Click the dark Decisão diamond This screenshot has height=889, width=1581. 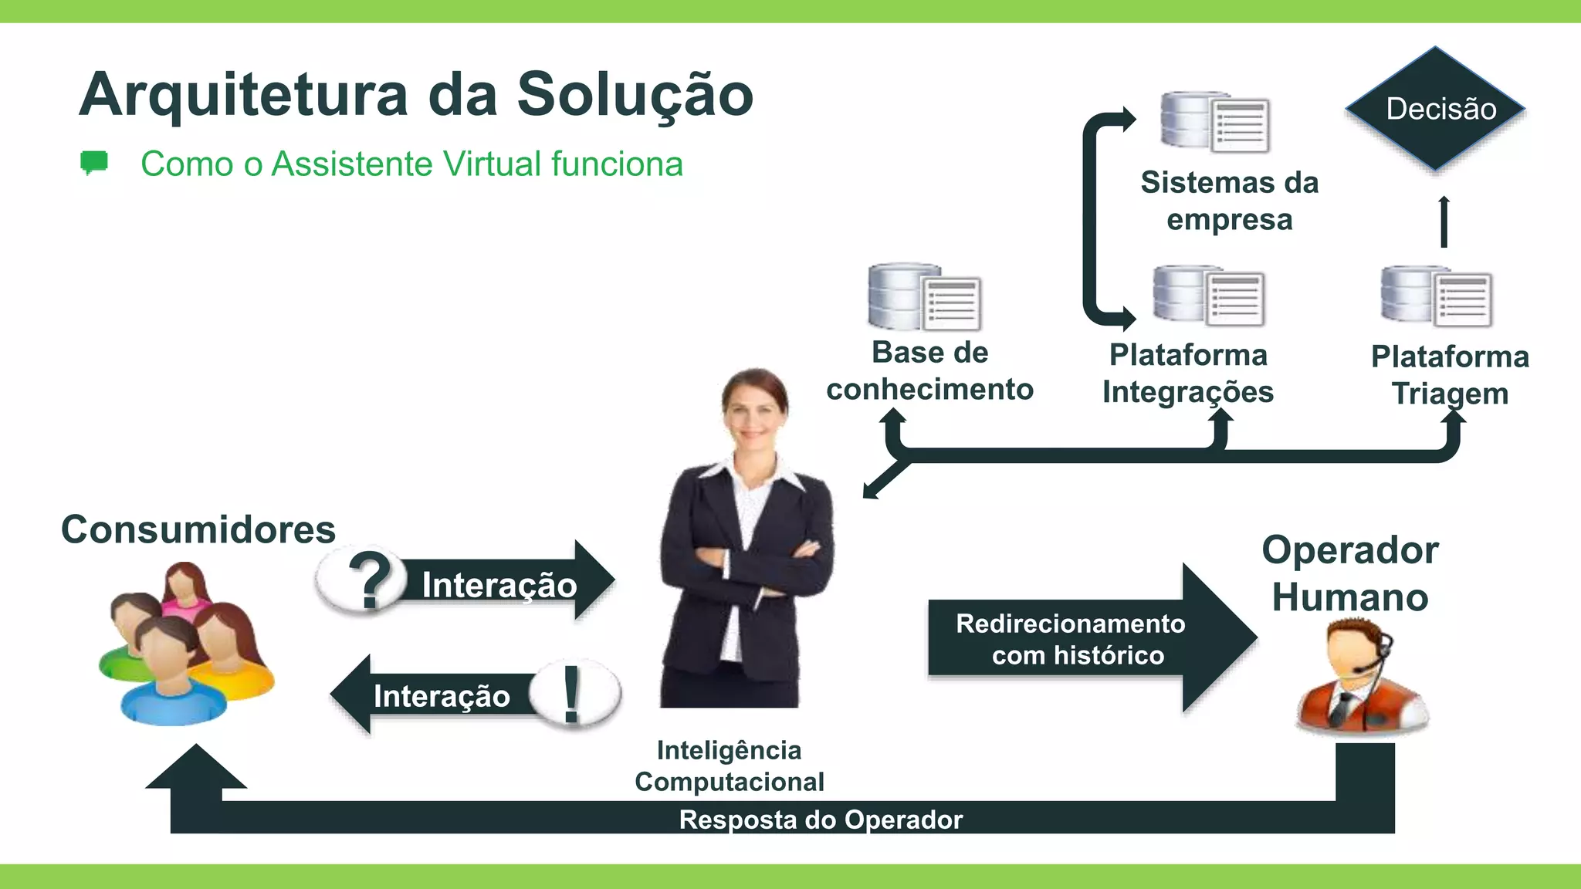pos(1436,109)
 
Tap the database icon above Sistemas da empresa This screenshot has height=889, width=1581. pos(1215,122)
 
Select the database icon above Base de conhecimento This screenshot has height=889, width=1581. pos(924,297)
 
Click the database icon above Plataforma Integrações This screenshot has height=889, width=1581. pos(1208,296)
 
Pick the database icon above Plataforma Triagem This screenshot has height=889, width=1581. pos(1436,296)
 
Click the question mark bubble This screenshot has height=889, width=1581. pos(364,580)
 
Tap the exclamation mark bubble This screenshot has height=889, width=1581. pos(574,694)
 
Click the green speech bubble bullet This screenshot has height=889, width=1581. pos(94,163)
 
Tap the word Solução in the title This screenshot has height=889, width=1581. pos(635,95)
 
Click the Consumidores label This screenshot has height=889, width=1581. pos(198,529)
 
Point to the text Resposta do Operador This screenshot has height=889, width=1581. pos(821,820)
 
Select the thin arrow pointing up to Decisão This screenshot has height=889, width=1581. pos(1444,222)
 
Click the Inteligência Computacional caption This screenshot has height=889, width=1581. pos(730,766)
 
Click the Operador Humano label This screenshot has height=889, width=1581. pos(1350,573)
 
